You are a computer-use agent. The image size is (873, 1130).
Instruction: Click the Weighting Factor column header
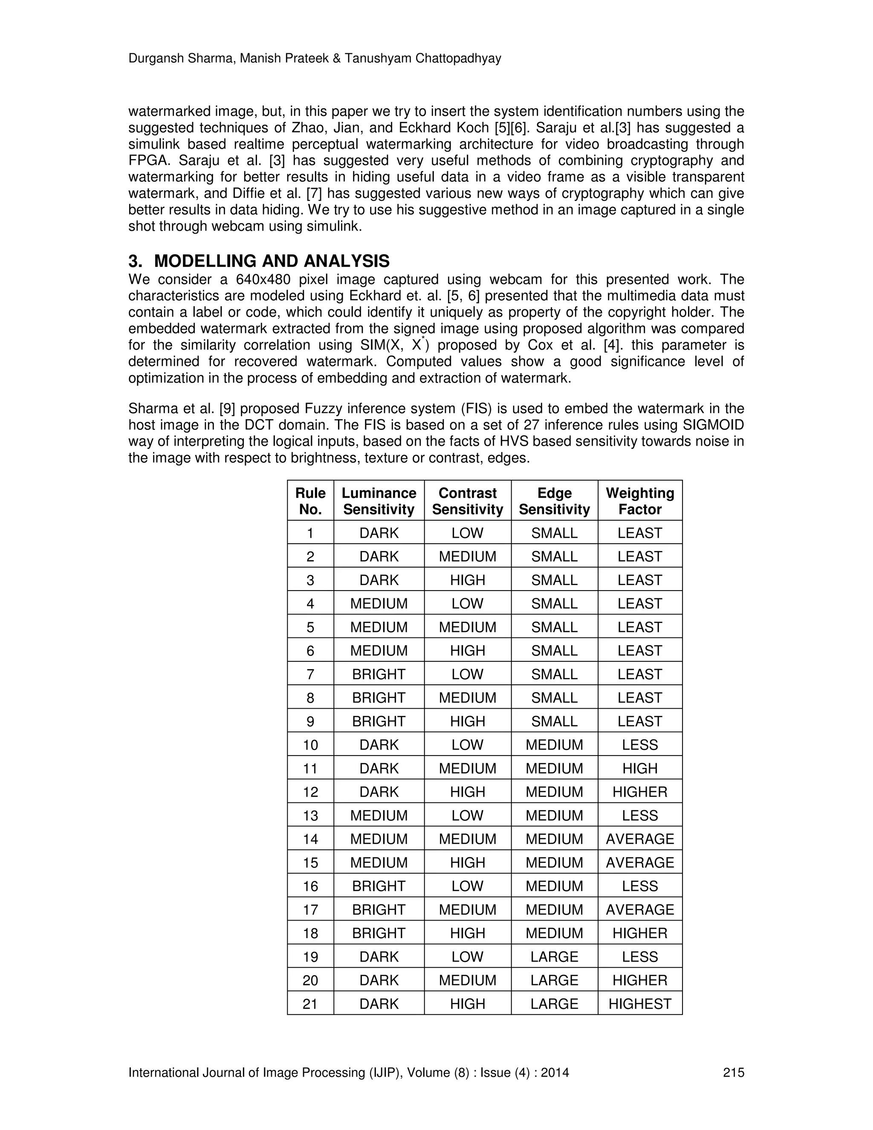click(640, 501)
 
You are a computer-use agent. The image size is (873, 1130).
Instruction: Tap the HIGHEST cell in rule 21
click(640, 1004)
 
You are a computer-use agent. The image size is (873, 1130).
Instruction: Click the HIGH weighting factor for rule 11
click(640, 768)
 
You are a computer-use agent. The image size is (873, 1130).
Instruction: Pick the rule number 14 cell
click(310, 839)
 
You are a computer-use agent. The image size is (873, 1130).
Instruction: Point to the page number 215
click(733, 1072)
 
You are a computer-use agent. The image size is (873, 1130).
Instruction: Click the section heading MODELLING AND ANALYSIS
click(272, 261)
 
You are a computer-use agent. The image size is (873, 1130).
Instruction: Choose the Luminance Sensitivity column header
click(379, 501)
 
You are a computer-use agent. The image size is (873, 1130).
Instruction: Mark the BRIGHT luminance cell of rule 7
click(379, 674)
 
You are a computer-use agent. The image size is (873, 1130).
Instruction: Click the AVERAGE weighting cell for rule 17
click(640, 910)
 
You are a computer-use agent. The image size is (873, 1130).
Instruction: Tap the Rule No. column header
click(310, 501)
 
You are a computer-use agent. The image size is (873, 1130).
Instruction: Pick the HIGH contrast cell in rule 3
click(467, 580)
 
